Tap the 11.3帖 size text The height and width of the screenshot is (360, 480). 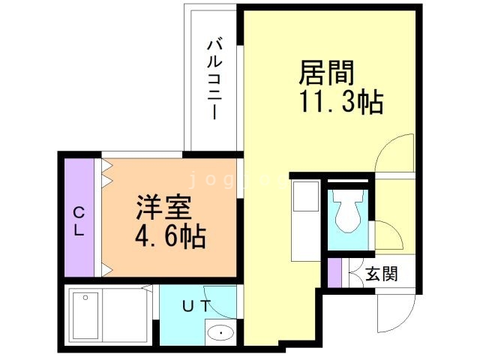tap(341, 101)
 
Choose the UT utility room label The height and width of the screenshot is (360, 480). tap(196, 305)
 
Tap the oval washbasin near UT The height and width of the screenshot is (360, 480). tap(221, 332)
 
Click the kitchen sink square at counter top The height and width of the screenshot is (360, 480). tap(304, 196)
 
